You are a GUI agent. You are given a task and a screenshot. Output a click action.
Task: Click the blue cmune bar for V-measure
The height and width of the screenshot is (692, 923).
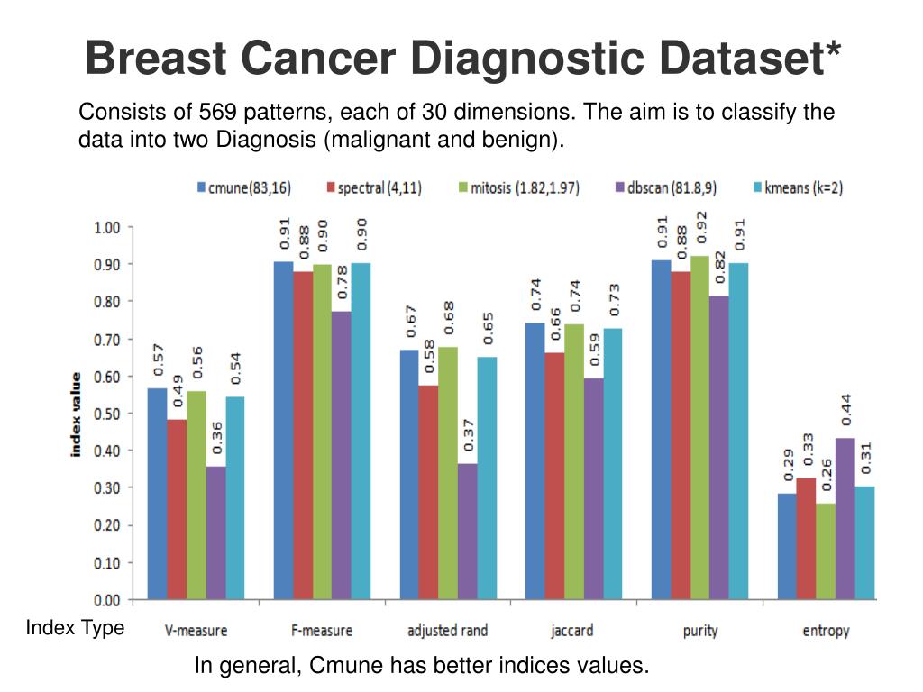(157, 494)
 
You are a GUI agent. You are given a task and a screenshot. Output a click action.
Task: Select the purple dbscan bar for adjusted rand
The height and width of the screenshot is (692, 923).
(467, 532)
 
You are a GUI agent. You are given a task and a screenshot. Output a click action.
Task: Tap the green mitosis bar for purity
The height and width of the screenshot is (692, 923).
(699, 428)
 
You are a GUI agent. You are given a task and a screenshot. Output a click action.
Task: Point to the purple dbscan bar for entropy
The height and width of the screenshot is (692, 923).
(845, 518)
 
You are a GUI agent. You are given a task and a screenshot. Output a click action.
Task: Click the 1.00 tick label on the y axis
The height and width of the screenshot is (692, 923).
(107, 227)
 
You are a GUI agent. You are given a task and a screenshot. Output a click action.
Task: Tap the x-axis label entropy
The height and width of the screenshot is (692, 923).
(826, 631)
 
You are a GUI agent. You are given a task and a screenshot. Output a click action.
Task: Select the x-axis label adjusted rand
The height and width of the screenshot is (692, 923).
(448, 631)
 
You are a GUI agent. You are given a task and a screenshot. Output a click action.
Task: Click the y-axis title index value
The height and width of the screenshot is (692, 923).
(78, 414)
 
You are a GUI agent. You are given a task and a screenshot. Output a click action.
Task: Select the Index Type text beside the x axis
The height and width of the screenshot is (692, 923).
(75, 628)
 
